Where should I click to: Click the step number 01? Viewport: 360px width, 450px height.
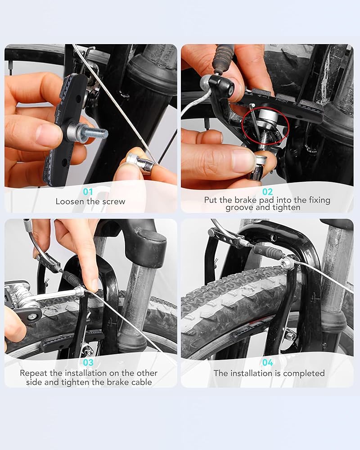click(88, 191)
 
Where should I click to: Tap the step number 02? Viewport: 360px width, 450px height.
click(268, 191)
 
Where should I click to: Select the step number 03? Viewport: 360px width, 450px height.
click(88, 363)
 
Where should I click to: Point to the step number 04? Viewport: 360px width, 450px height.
click(268, 363)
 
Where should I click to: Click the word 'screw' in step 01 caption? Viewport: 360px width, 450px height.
click(114, 202)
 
